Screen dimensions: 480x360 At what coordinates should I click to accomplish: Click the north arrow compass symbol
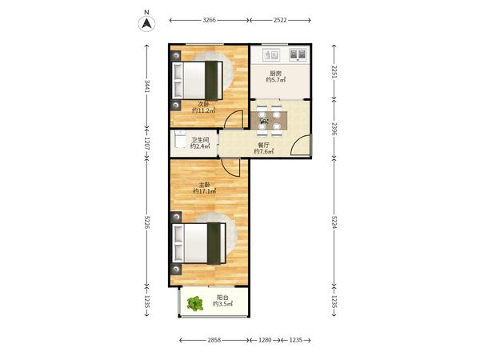tap(146, 23)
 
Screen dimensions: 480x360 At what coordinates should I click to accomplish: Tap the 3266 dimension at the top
tap(209, 20)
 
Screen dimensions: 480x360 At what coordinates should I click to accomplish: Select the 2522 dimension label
tap(280, 20)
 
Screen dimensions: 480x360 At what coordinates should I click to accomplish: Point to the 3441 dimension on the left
tap(147, 86)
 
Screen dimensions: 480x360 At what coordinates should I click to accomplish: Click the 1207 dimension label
tap(147, 143)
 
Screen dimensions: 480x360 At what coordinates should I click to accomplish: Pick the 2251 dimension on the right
tap(334, 72)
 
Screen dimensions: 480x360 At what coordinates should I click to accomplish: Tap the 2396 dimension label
tap(334, 129)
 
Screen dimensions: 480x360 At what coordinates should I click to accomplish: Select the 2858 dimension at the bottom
tap(214, 340)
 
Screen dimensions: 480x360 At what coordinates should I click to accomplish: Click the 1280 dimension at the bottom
tap(265, 340)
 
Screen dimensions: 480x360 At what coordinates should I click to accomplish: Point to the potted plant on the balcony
tap(195, 304)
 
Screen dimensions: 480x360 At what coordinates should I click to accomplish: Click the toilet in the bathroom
tap(180, 139)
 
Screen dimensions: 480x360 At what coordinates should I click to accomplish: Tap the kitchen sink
tap(271, 54)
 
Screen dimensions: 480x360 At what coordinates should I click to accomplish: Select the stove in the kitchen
tap(298, 54)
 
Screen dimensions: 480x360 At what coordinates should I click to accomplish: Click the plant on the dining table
tap(263, 121)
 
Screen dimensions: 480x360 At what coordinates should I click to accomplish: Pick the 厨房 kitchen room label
tap(275, 74)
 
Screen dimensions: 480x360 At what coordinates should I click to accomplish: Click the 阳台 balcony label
tap(222, 298)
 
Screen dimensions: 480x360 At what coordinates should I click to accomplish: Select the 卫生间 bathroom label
tap(200, 140)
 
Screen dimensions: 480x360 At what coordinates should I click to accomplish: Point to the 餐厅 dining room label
tap(263, 145)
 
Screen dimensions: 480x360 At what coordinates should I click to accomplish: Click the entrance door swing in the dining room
tap(301, 145)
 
